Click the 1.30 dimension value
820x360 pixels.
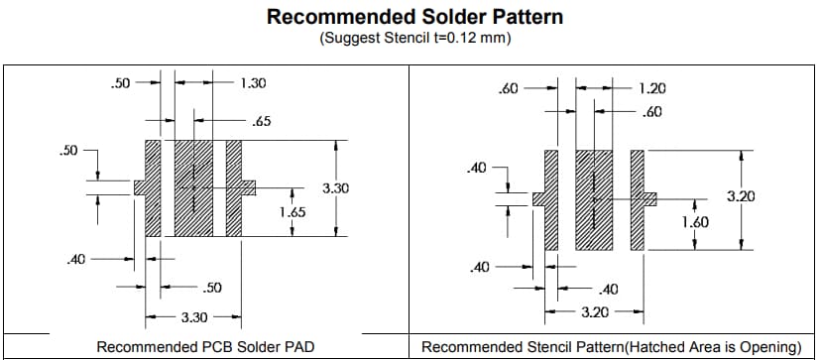[253, 83]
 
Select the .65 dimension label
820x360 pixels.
[262, 122]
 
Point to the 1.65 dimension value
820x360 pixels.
[292, 212]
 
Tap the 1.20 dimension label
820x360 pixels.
[652, 88]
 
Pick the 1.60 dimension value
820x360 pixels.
[695, 222]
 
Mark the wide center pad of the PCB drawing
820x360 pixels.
[194, 187]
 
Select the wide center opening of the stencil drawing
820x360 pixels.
[594, 199]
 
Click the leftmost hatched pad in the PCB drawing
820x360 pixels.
[153, 187]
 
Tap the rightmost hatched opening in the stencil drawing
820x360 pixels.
[638, 199]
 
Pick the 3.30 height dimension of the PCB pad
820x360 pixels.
[334, 187]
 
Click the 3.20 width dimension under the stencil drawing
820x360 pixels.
[594, 311]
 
